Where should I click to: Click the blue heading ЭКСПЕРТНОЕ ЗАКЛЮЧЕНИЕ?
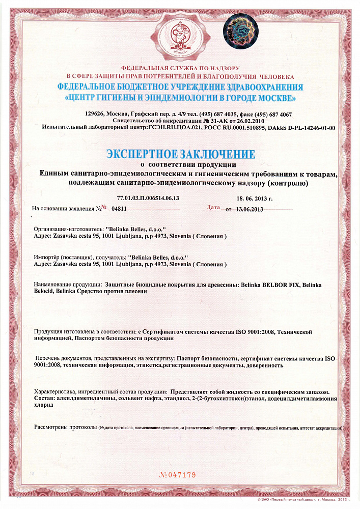point(181,154)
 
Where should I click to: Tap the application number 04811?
point(119,209)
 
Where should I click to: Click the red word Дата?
point(213,208)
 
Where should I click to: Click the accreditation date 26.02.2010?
point(250,121)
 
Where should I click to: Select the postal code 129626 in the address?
point(95,114)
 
